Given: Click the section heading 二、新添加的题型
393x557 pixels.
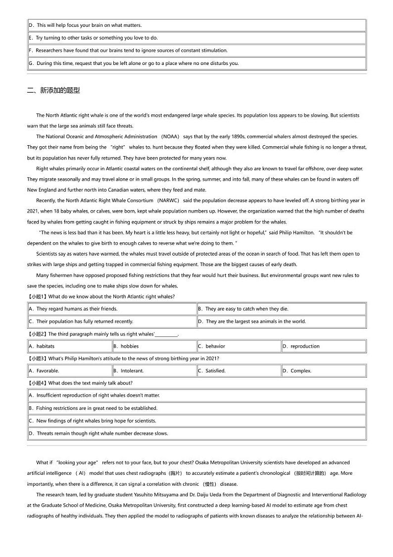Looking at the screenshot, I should pyautogui.click(x=53, y=90).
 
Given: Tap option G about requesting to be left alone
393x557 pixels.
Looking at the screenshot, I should pyautogui.click(x=134, y=63).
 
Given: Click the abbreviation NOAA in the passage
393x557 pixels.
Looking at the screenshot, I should pyautogui.click(x=170, y=136).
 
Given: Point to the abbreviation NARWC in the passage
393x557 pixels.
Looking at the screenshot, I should pyautogui.click(x=168, y=200).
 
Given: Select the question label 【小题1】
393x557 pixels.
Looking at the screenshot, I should pyautogui.click(x=37, y=296).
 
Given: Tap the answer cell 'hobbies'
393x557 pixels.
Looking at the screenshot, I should pyautogui.click(x=129, y=346).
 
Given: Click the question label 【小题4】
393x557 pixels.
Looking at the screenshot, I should pyautogui.click(x=37, y=383).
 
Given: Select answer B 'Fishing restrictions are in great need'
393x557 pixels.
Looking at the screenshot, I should pyautogui.click(x=93, y=408).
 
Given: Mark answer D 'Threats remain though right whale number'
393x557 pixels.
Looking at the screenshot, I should pyautogui.click(x=98, y=433).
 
